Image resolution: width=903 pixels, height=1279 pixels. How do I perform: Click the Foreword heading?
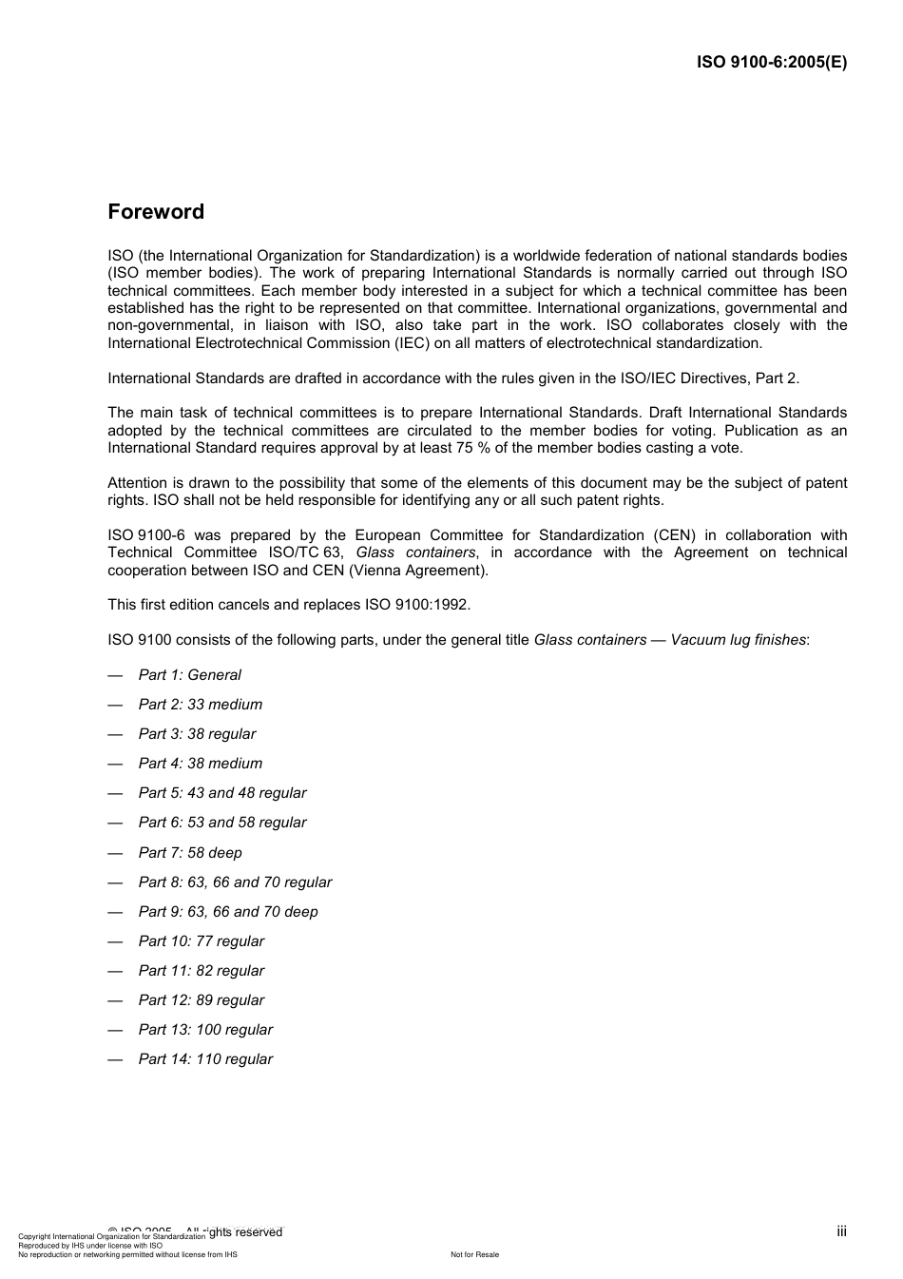click(x=156, y=212)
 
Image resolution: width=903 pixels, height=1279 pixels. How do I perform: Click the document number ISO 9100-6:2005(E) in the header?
click(x=772, y=63)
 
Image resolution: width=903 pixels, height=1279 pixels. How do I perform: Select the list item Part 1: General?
click(x=189, y=675)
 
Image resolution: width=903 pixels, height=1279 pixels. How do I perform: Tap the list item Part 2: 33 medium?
click(x=200, y=705)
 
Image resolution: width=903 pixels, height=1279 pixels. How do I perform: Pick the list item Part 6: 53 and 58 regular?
click(x=221, y=823)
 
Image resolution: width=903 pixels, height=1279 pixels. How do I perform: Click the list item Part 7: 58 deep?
click(x=189, y=853)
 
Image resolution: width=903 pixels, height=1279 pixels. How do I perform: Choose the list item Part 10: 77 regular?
click(x=201, y=941)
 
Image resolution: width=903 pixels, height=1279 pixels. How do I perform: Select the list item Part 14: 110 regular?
click(x=205, y=1059)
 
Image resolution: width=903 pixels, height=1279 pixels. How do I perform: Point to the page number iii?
click(x=841, y=1231)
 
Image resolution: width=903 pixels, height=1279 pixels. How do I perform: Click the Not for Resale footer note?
click(x=474, y=1254)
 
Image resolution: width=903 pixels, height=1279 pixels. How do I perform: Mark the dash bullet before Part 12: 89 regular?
click(x=116, y=1000)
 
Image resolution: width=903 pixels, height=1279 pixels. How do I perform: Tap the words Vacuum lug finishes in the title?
click(x=738, y=640)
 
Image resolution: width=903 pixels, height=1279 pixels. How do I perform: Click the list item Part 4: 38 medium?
click(x=200, y=764)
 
